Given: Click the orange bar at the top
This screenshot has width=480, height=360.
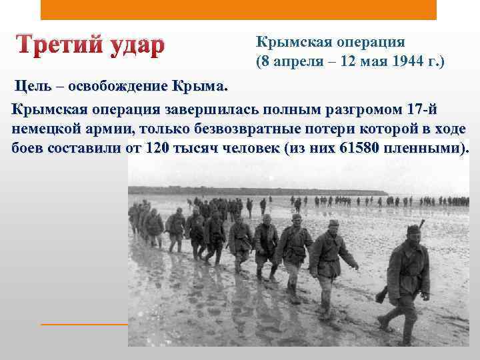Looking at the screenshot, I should point(238,10).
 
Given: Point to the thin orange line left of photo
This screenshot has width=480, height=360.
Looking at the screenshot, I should point(83,324).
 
